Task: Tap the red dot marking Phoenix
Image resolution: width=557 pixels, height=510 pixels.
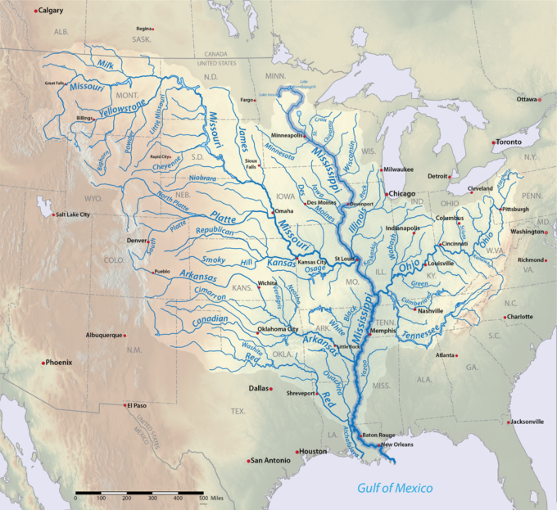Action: point(43,362)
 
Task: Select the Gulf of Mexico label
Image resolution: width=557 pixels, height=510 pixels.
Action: point(395,489)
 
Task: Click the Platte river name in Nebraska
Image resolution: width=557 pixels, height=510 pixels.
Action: point(223,217)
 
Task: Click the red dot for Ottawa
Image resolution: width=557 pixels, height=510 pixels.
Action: point(539,99)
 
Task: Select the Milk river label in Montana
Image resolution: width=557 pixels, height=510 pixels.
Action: point(106,64)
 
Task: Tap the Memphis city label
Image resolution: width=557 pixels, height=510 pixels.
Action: point(383,331)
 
